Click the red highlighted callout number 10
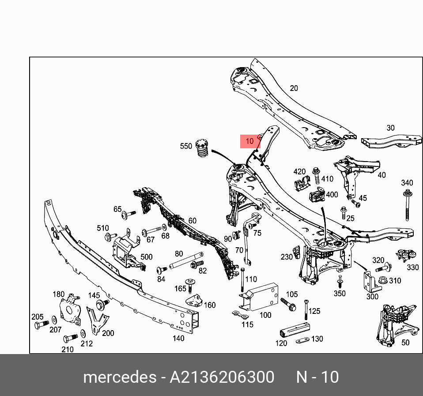(x=250, y=141)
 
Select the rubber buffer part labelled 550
(x=201, y=150)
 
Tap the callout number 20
(x=294, y=88)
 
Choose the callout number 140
(x=178, y=339)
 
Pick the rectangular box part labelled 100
(x=262, y=298)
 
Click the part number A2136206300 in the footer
(x=222, y=377)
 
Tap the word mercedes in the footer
(x=119, y=377)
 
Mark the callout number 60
(x=192, y=221)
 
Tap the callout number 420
(x=299, y=172)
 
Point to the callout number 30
(x=390, y=128)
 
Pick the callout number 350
(x=339, y=293)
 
